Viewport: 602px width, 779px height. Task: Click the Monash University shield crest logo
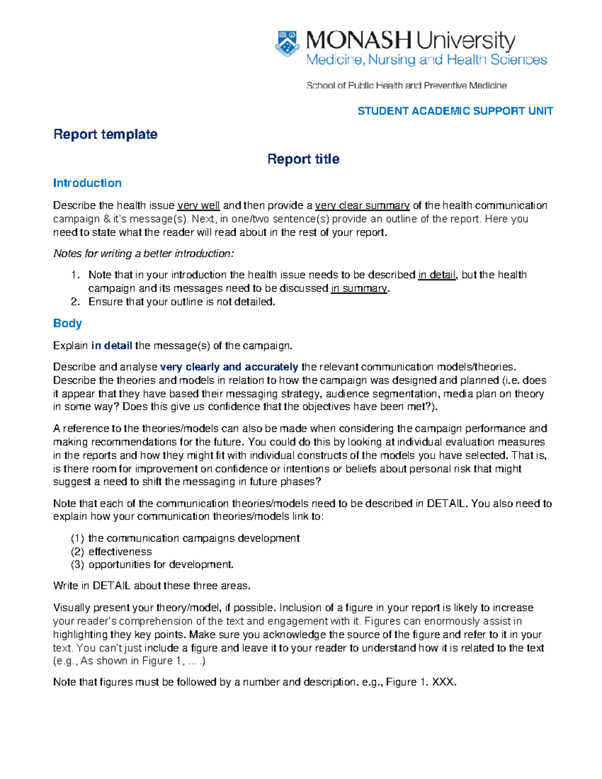(287, 44)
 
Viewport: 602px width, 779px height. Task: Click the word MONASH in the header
(359, 41)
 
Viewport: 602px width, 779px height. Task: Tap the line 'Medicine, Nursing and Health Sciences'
(426, 60)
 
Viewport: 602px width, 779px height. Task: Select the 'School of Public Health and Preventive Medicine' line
(406, 86)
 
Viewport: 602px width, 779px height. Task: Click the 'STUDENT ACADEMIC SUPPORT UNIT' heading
(455, 111)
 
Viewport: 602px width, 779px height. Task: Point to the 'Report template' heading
(105, 134)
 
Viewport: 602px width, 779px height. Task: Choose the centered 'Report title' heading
(303, 159)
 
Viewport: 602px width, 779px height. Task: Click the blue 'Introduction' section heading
(87, 183)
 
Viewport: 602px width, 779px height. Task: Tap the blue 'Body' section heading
(67, 324)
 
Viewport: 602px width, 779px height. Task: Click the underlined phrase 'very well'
(199, 206)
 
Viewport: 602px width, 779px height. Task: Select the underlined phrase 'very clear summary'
(362, 206)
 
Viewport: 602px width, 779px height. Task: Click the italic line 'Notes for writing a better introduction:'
(143, 254)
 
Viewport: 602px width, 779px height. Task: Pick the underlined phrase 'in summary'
(359, 288)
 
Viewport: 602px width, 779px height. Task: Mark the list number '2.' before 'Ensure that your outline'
(75, 302)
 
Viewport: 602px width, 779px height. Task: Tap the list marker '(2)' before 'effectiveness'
(77, 552)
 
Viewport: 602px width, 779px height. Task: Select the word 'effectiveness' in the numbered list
(120, 552)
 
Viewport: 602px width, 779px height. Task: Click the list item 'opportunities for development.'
(161, 565)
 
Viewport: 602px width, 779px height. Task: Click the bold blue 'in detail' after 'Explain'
(111, 346)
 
